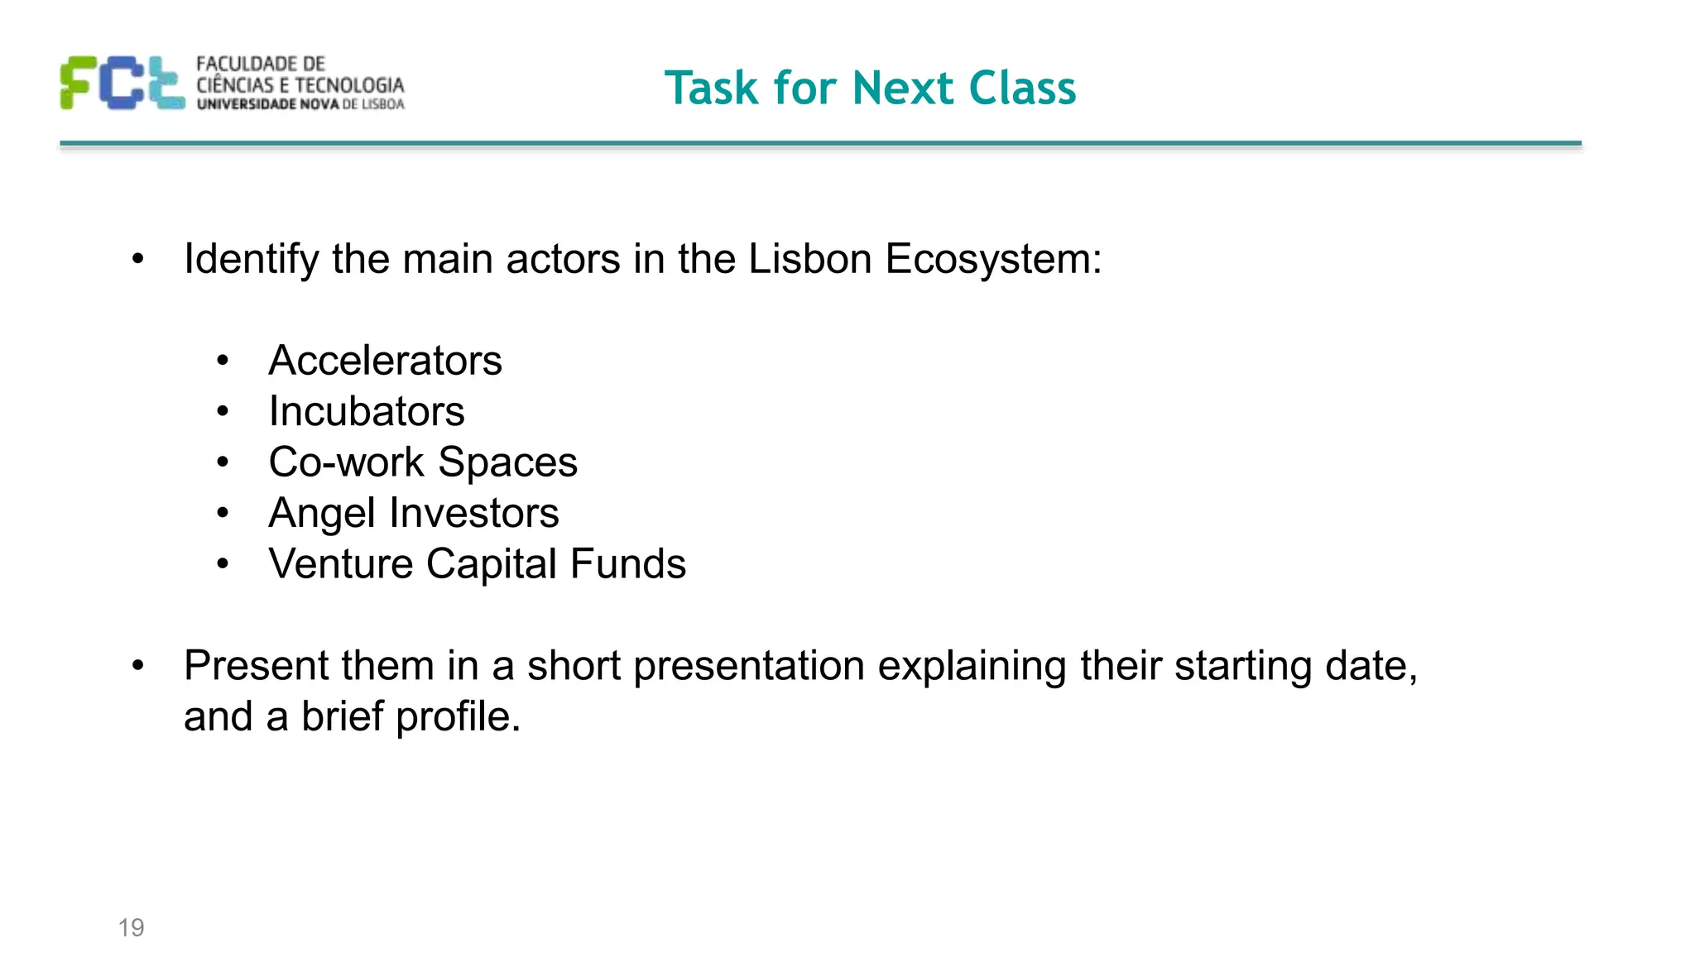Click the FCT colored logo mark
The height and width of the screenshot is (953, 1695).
pos(122,83)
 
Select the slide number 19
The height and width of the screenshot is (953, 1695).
pos(131,927)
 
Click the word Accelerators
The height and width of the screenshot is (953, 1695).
pos(385,361)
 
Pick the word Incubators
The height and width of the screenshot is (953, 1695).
pos(367,411)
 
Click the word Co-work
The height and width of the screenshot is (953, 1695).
pos(346,462)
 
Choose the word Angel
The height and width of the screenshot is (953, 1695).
pos(322,514)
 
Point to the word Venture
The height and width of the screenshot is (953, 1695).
pos(341,564)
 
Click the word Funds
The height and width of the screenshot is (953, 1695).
pos(628,564)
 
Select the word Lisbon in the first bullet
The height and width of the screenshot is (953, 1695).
pos(810,259)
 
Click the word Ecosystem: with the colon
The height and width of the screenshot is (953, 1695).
pos(993,260)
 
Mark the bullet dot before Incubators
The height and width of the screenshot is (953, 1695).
pos(222,411)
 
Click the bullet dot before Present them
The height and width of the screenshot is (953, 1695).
pos(138,665)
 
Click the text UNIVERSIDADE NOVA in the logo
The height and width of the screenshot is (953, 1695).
pos(268,104)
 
